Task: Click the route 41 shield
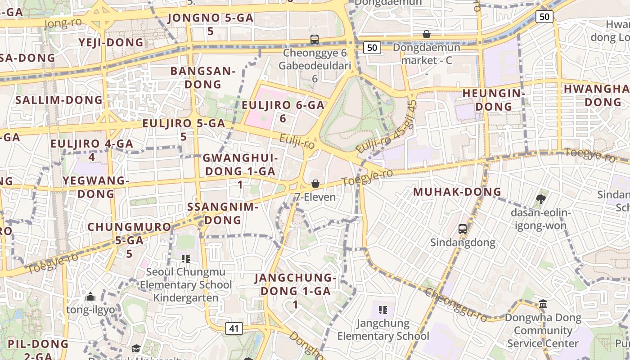[234, 328]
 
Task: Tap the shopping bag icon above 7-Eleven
[315, 184]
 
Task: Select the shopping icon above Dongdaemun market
[426, 34]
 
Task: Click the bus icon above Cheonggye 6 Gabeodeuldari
[315, 40]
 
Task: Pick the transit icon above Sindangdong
[462, 229]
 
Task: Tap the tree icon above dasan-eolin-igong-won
[541, 199]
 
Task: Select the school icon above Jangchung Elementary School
[383, 310]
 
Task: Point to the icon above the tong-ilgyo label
[90, 297]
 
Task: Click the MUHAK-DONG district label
[457, 192]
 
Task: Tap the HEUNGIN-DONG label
[494, 100]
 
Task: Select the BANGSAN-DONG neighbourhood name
[203, 77]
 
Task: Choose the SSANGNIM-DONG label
[222, 214]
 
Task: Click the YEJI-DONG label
[111, 43]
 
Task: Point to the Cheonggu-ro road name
[455, 305]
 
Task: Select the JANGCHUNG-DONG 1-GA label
[295, 291]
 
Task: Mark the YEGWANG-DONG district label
[96, 187]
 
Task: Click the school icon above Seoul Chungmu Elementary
[185, 259]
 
